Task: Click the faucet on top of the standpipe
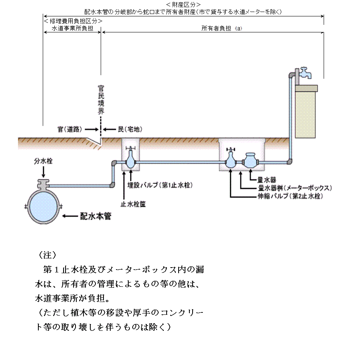[x=305, y=73]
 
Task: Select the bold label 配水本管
[x=95, y=216]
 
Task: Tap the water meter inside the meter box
[x=251, y=160]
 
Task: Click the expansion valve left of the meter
[x=231, y=161]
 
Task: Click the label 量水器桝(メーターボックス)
[x=293, y=188]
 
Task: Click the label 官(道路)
[x=70, y=129]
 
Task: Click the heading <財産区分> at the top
[x=183, y=4]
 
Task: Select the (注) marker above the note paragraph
[x=47, y=255]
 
